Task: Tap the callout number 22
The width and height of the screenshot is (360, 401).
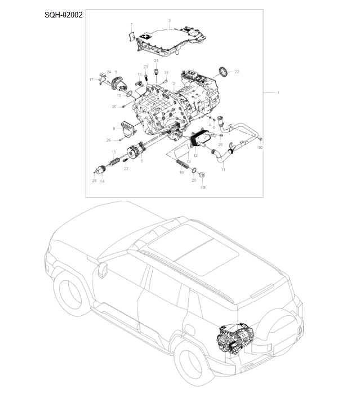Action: coord(237,72)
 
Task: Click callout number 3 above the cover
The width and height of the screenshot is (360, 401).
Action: coord(169,20)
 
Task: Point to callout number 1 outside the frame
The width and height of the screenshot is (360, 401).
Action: coord(278,92)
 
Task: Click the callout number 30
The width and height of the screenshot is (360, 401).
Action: coord(260,148)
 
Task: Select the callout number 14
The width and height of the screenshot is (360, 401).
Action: coord(102,181)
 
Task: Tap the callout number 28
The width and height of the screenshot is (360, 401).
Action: coord(94,181)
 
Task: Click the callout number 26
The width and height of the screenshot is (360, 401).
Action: coord(109,140)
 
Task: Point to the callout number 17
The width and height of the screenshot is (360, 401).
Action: coord(91,80)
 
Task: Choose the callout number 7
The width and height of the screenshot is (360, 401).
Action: coord(131,25)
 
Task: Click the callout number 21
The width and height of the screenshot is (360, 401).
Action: coord(156,61)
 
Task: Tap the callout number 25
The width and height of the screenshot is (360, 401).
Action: coord(114,107)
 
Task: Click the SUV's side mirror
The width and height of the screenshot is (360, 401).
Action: coord(103,270)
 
